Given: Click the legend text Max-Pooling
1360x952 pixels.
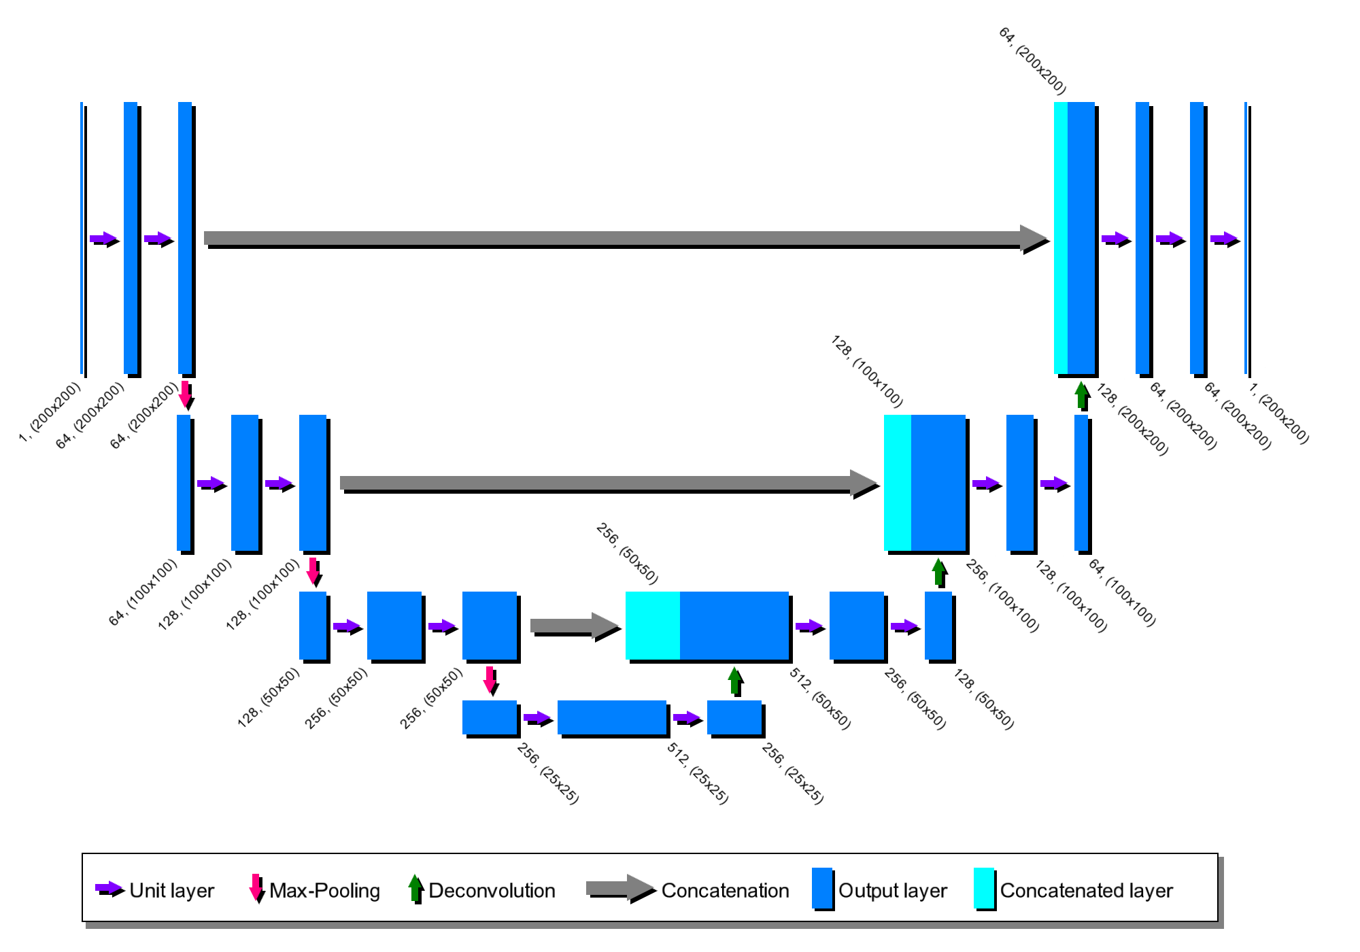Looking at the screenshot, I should click(x=324, y=891).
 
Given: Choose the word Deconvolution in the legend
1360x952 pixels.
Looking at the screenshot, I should click(x=492, y=891).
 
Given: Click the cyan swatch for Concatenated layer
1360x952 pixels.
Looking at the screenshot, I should click(x=984, y=888).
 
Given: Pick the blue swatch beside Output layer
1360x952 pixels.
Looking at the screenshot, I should click(x=822, y=888).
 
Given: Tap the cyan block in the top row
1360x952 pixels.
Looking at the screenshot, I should click(x=1060, y=238).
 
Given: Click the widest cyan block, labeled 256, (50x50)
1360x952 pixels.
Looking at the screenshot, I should click(x=652, y=626).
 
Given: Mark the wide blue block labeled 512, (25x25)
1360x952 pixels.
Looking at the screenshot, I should click(x=611, y=717).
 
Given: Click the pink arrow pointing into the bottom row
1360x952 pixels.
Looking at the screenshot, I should click(x=490, y=680).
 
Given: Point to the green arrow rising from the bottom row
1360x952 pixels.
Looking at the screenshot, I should click(x=734, y=681).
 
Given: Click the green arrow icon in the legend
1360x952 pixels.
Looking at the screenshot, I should click(x=415, y=888).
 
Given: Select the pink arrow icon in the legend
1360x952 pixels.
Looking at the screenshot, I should click(x=256, y=888).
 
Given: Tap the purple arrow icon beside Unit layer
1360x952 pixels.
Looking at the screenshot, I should click(x=109, y=888).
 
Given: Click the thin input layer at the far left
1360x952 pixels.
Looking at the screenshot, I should click(x=82, y=238).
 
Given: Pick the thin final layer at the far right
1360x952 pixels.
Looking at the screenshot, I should click(x=1246, y=238).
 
